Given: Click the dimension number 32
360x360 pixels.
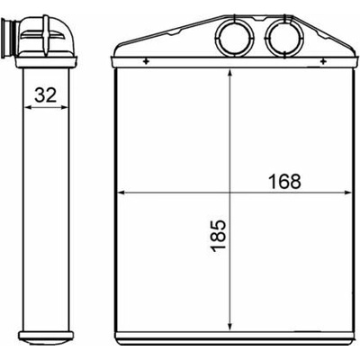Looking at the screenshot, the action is point(46,94).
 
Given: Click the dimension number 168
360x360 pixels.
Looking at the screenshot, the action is point(284,182).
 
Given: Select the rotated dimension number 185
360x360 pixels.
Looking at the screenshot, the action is point(218,236).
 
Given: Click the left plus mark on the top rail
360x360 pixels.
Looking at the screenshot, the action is point(146,62).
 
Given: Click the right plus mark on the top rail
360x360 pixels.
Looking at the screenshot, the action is point(323,62).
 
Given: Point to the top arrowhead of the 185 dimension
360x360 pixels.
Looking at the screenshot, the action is point(229,74).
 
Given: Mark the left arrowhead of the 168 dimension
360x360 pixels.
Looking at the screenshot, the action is point(121,193).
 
